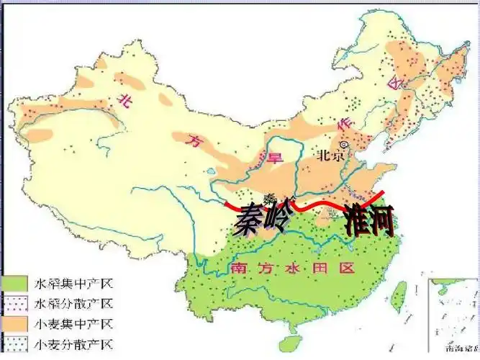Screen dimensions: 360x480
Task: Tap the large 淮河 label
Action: coord(370,220)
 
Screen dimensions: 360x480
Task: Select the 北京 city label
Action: coord(327,157)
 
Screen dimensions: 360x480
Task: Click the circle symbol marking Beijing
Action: coord(344,145)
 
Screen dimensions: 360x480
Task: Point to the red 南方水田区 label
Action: coord(293,269)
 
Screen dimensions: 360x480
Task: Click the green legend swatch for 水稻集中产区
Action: coord(15,282)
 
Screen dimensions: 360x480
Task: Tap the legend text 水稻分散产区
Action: coord(71,302)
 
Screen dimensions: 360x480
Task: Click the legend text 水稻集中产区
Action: coord(71,282)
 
